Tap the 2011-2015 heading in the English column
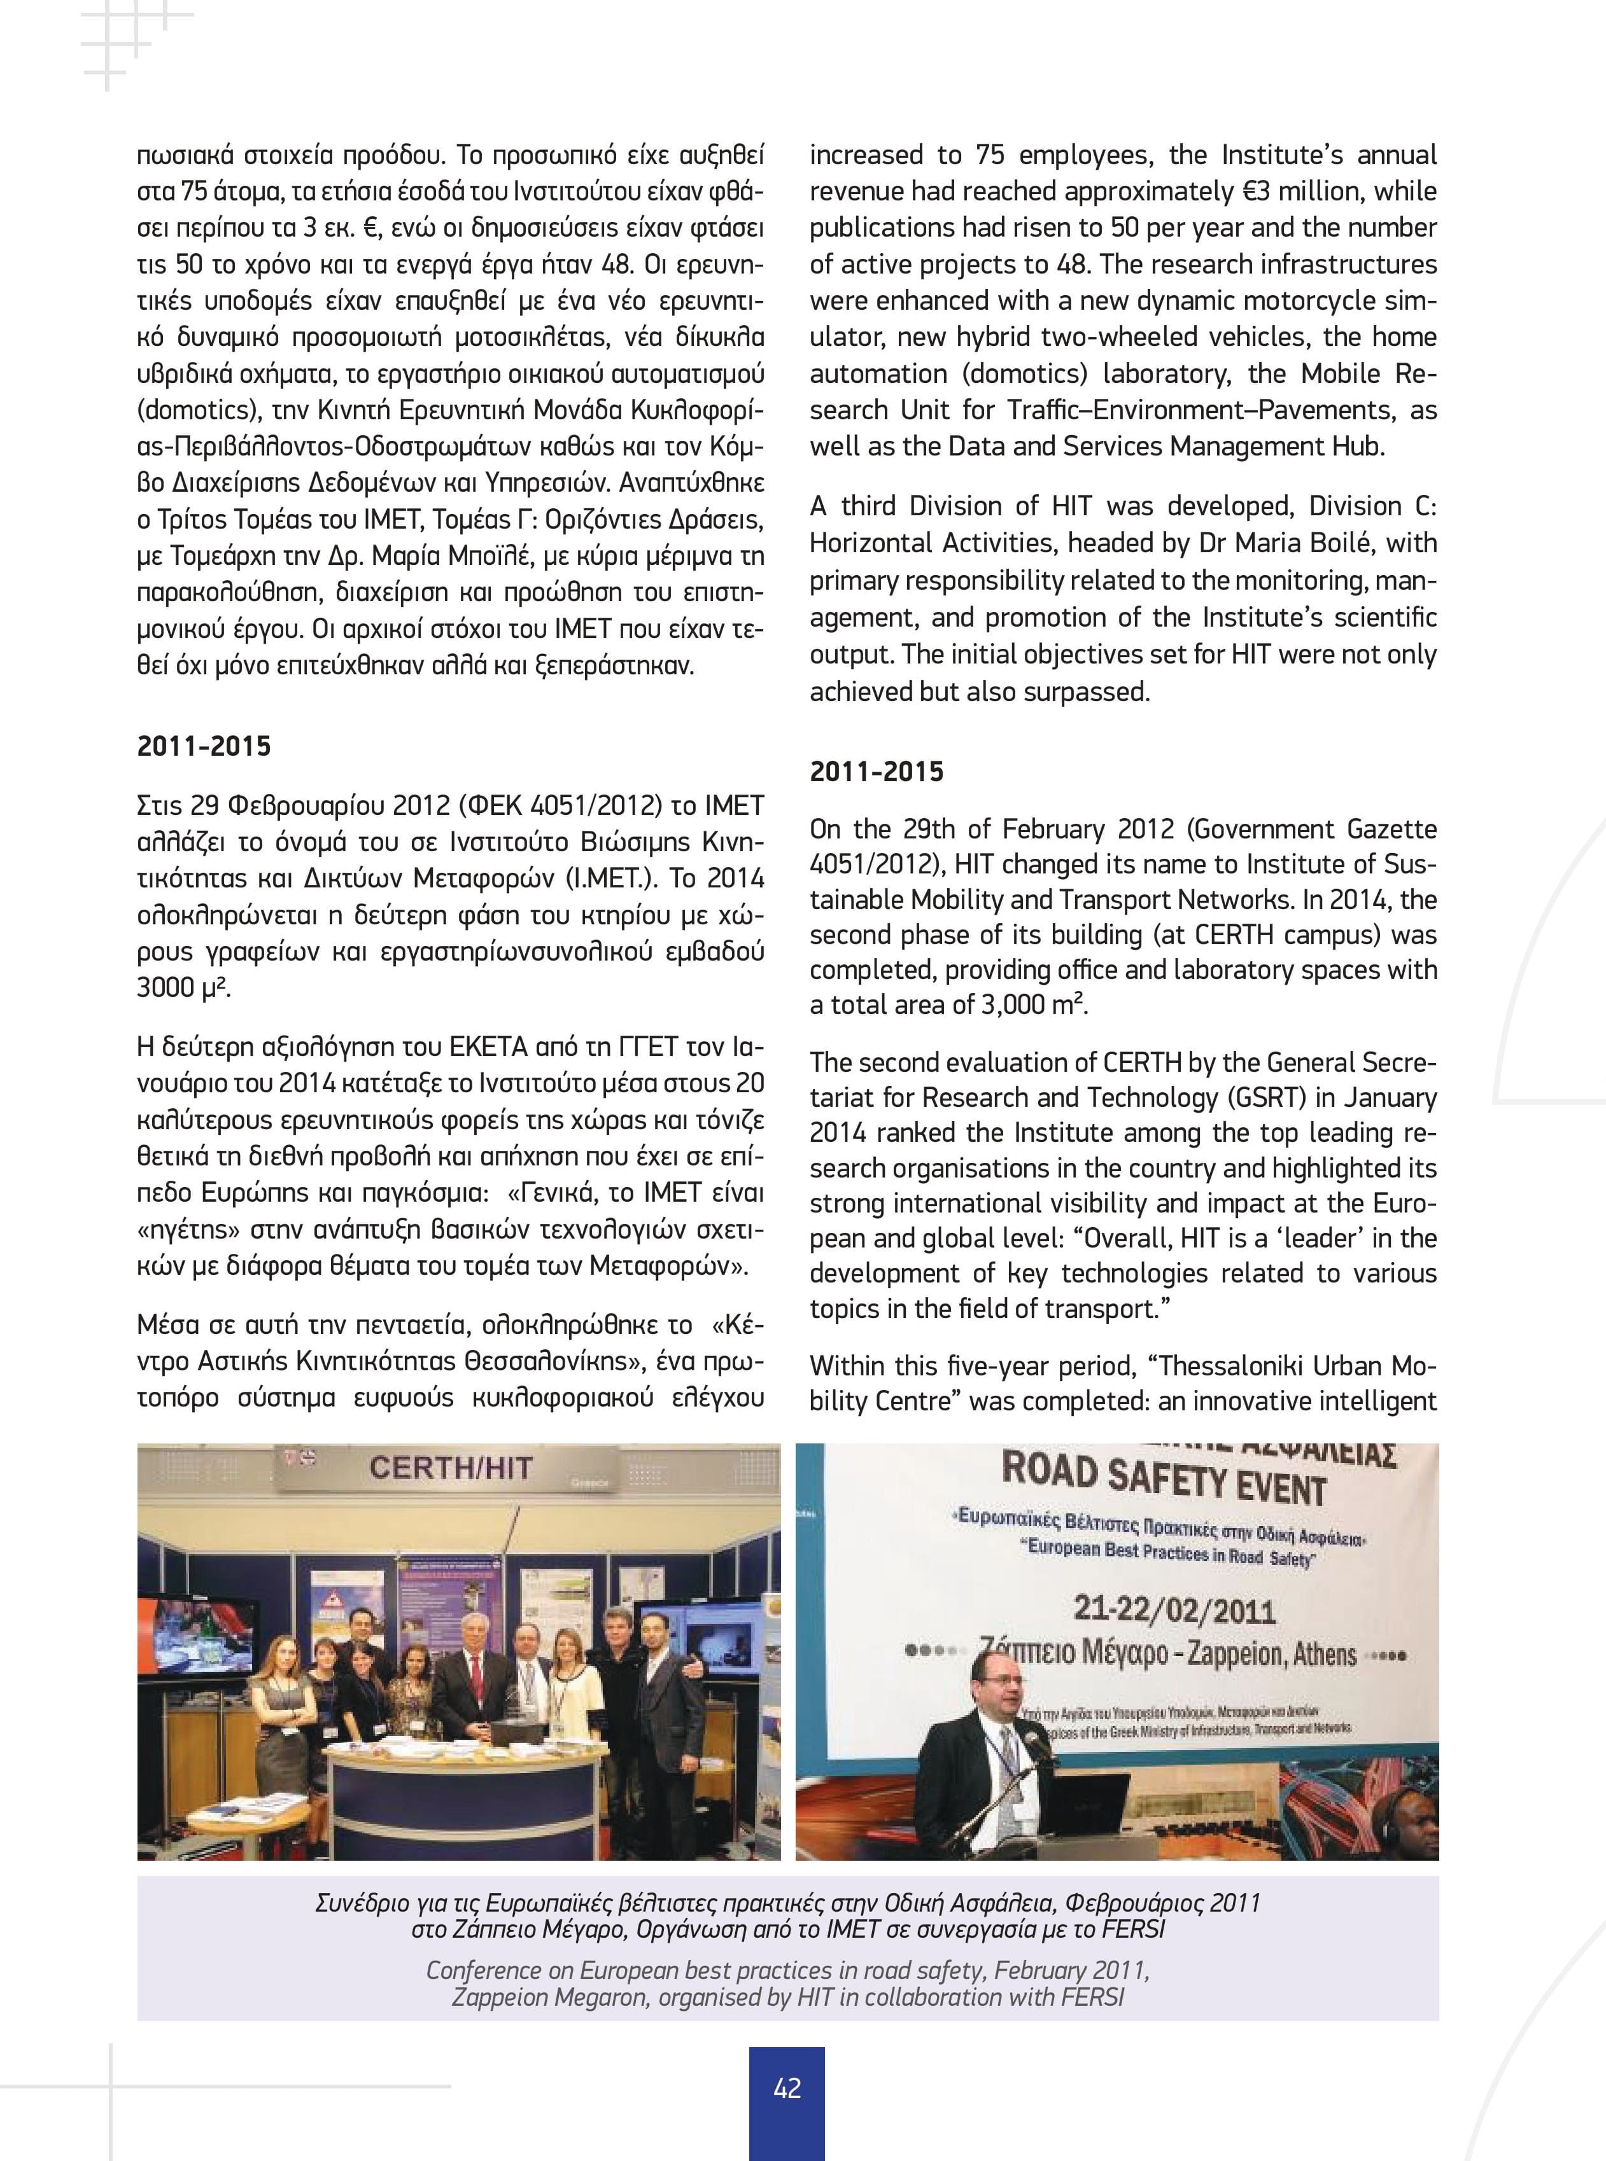(x=877, y=772)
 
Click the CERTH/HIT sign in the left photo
(x=450, y=1467)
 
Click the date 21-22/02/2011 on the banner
(x=1173, y=1611)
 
